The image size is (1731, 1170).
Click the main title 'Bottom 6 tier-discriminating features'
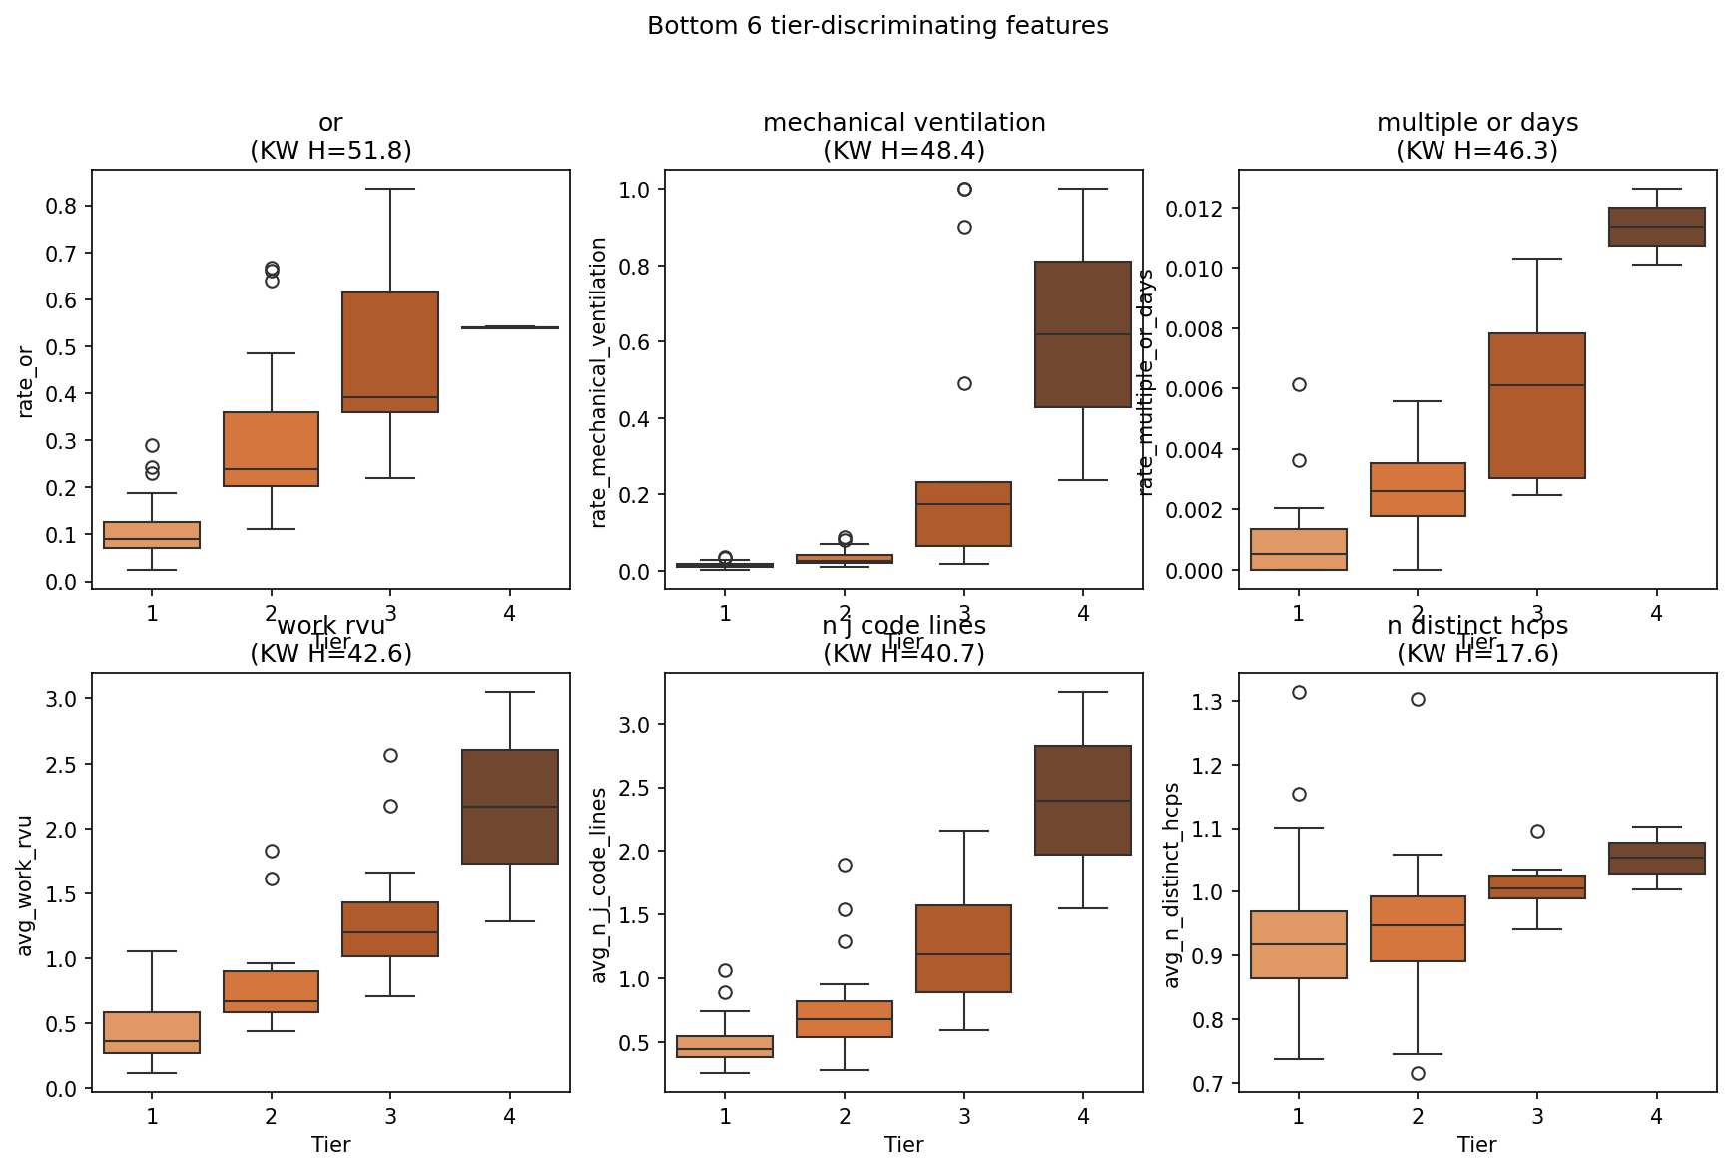(x=877, y=26)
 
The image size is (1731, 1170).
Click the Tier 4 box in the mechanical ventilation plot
(x=1083, y=334)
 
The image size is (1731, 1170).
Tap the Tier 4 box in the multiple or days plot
(x=1656, y=227)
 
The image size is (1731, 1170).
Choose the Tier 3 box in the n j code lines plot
(x=963, y=948)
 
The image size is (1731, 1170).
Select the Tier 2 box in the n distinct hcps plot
(x=1418, y=928)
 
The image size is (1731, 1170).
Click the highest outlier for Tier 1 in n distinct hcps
(x=1299, y=692)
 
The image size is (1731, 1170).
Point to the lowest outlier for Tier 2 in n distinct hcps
(x=1418, y=1073)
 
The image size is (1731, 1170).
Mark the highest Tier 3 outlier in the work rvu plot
(x=390, y=755)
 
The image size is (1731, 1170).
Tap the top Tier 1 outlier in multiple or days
(x=1299, y=384)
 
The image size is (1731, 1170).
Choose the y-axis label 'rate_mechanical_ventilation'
(x=599, y=381)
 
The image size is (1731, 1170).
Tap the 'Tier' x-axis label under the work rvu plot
(x=330, y=1144)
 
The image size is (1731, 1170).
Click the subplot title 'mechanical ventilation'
(x=903, y=123)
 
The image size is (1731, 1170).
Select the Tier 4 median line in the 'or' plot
(x=510, y=327)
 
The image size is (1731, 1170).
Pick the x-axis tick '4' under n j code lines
(x=1083, y=1116)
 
